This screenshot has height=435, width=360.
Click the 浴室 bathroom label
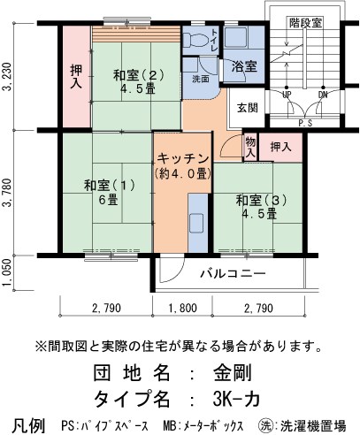244,66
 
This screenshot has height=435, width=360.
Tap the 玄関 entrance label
249,108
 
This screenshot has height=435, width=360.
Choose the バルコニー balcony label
232,274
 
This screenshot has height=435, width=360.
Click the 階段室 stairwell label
303,20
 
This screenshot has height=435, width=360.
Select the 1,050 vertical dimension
9,273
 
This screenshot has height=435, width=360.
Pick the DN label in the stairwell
322,93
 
